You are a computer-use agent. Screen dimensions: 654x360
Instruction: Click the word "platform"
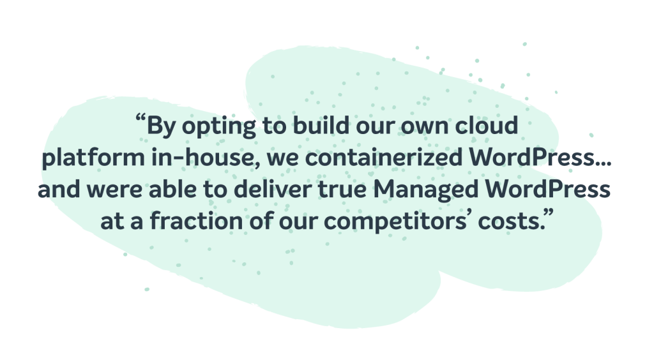(93, 158)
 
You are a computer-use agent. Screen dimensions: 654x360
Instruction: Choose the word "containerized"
(384, 157)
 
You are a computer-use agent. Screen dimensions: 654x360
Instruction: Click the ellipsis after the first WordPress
(603, 163)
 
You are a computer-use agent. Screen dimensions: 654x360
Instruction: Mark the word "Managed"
(425, 190)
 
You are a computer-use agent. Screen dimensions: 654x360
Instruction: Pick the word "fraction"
(197, 220)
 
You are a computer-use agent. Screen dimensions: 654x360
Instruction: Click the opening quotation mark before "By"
(141, 119)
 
